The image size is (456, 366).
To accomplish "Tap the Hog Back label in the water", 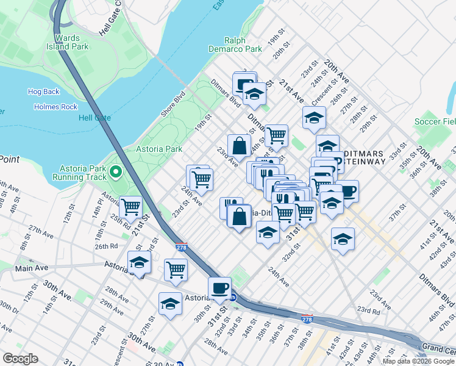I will [x=43, y=91].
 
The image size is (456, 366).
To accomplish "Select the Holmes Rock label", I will [x=52, y=107].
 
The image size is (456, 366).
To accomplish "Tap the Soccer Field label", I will [x=435, y=122].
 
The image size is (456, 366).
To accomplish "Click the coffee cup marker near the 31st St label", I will [x=219, y=287].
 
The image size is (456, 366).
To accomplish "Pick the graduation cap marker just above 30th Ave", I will [x=170, y=303].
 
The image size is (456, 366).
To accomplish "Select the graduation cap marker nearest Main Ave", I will [x=139, y=263].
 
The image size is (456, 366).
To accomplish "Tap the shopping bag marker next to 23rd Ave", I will [x=240, y=145].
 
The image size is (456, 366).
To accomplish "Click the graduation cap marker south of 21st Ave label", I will [x=314, y=117].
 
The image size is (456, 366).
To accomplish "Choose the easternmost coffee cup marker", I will [x=347, y=191].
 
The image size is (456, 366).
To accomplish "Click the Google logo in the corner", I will [x=20, y=359].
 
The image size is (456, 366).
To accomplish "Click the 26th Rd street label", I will [x=106, y=246].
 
